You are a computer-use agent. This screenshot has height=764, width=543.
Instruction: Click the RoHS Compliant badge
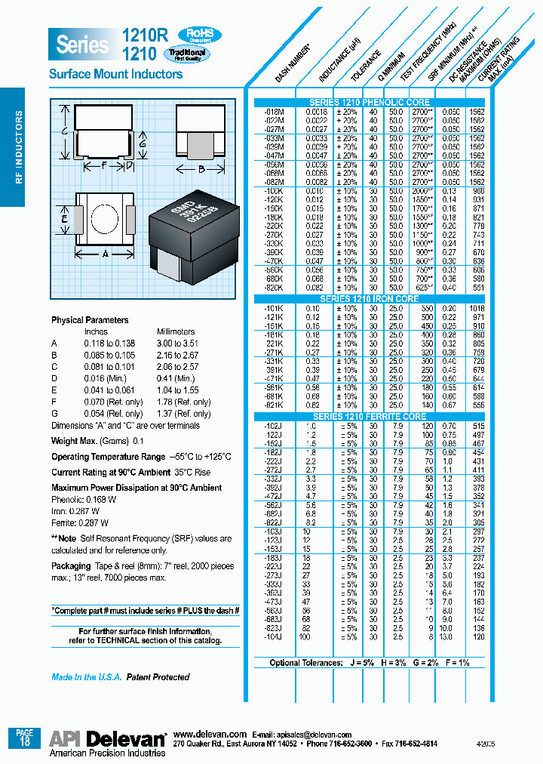coord(199,35)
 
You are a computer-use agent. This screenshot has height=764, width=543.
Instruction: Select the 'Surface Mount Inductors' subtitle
coord(115,74)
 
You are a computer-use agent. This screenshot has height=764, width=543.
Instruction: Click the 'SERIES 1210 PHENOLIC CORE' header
coord(370,103)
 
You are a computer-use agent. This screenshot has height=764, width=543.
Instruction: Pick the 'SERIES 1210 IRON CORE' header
coord(370,299)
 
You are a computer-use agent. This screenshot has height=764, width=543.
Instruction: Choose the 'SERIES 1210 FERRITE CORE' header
coord(370,417)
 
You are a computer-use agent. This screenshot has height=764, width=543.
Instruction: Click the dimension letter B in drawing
coord(201,170)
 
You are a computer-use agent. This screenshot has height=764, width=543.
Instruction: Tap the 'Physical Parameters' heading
coord(90,320)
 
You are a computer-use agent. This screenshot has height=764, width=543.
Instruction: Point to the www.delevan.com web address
coord(210,734)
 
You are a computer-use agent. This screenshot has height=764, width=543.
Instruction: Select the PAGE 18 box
coord(25,737)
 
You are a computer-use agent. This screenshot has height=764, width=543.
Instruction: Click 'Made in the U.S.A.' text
coord(86,677)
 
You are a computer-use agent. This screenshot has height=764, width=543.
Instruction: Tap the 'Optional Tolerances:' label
coord(306,663)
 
